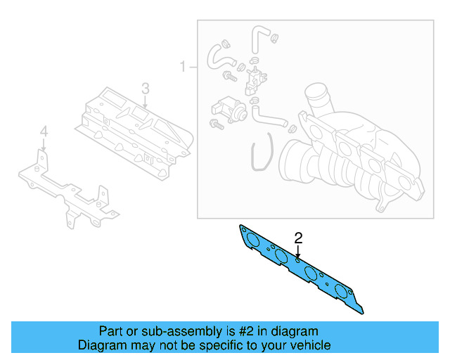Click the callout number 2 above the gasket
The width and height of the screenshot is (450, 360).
click(298, 238)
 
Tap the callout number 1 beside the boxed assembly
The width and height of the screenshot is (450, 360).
click(183, 67)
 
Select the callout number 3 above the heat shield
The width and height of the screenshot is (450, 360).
click(145, 89)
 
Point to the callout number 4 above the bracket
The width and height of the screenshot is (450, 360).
click(44, 131)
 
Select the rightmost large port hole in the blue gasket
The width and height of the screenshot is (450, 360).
click(342, 291)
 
